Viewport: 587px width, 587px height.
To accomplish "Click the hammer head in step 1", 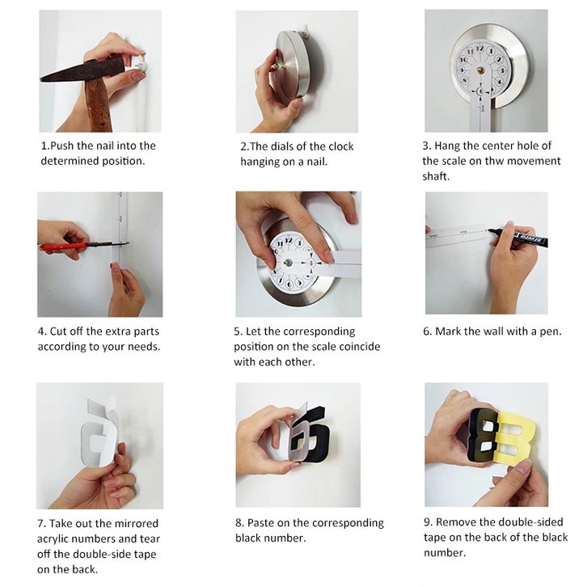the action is [83, 70].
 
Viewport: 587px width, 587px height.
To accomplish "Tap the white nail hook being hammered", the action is [140, 65].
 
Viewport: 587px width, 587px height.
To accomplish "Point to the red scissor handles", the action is [62, 247].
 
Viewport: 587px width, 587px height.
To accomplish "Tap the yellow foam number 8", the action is [516, 437].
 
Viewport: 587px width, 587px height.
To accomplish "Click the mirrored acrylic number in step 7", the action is [98, 437].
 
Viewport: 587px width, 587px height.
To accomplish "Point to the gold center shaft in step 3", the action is [480, 70].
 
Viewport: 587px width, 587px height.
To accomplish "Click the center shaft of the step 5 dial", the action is [288, 262].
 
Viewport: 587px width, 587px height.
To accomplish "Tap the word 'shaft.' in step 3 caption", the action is [436, 176].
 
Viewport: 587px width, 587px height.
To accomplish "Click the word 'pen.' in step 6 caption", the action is [551, 332].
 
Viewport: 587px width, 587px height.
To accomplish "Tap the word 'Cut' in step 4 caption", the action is [58, 332].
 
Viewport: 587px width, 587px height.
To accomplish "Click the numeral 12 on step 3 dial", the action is [479, 49].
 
